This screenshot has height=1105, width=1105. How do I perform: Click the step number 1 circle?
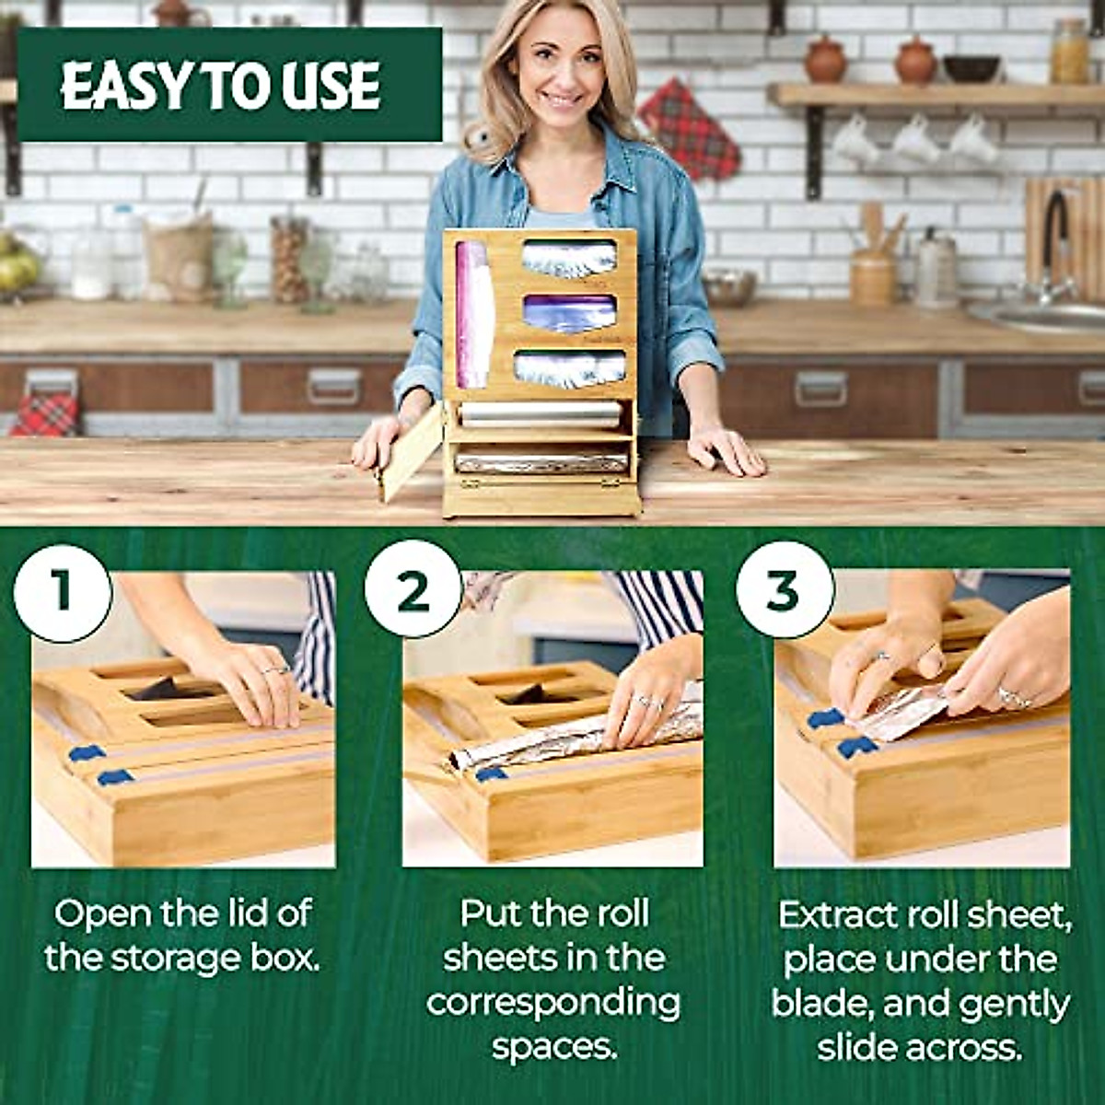coord(62,590)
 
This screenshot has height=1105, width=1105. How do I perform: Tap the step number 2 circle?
coord(413,590)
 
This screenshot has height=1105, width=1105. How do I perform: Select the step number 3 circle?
coord(783,590)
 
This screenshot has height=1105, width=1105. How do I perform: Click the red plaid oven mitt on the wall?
coord(691,129)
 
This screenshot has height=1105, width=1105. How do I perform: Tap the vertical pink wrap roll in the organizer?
coord(475,313)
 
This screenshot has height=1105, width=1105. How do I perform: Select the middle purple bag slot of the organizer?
coord(569,314)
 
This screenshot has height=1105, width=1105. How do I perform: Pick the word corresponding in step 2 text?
coord(552,1003)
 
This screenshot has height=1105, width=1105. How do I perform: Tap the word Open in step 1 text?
coord(102,914)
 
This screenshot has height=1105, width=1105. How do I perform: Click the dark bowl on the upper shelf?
coord(971,68)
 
